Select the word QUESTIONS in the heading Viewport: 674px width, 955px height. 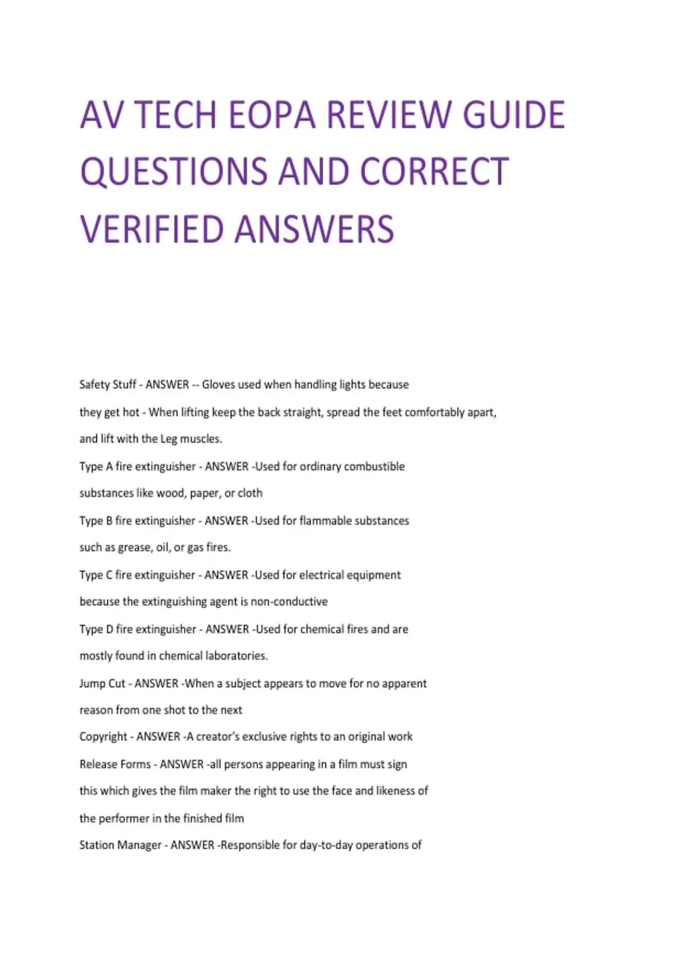(x=174, y=172)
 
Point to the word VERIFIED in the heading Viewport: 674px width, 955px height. (x=151, y=229)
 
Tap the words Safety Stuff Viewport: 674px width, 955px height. (x=107, y=385)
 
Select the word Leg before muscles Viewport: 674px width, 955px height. (x=168, y=439)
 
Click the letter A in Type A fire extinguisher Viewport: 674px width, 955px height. (x=109, y=466)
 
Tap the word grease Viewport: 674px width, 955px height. (x=134, y=548)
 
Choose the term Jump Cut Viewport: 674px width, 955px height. (x=102, y=684)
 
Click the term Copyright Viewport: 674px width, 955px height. (x=103, y=737)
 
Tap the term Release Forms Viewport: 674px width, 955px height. (x=115, y=765)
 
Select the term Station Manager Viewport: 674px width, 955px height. (x=120, y=845)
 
